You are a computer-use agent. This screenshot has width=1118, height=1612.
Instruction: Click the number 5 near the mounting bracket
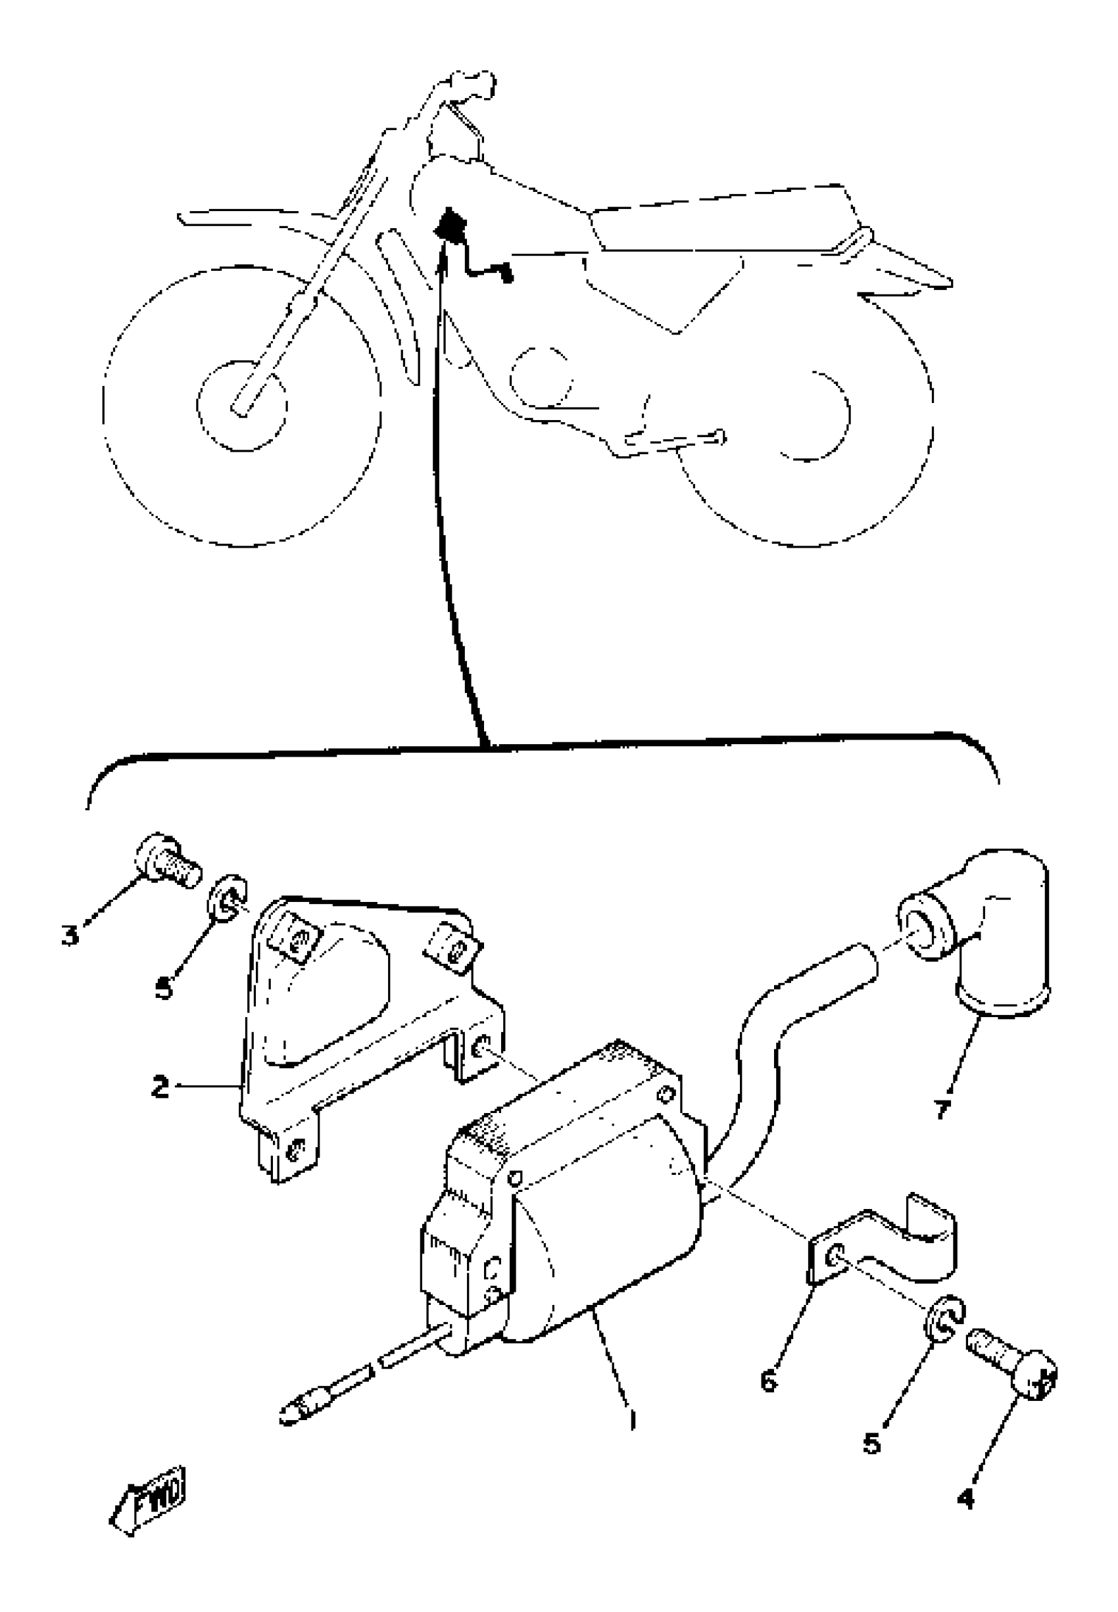164,989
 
